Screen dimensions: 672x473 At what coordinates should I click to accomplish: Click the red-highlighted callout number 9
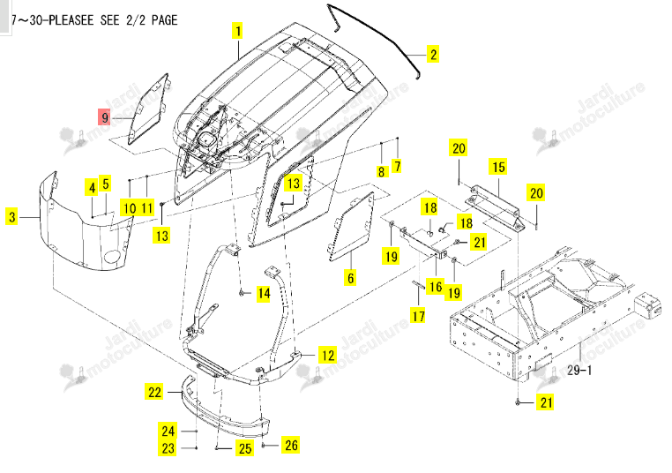(105, 117)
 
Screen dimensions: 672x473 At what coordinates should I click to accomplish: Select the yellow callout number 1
(238, 31)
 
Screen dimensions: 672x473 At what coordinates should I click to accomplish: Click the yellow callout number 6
(351, 278)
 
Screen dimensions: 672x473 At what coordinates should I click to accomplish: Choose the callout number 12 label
(328, 355)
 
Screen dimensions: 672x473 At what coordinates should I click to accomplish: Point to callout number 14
(264, 294)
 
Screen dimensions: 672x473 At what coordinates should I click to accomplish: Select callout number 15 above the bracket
(498, 167)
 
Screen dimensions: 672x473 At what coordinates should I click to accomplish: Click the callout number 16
(436, 287)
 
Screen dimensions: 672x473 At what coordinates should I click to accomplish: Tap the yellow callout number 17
(418, 316)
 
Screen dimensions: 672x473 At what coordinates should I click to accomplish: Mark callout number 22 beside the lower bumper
(155, 392)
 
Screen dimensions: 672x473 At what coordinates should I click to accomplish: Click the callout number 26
(291, 445)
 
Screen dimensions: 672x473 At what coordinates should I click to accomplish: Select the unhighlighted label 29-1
(579, 370)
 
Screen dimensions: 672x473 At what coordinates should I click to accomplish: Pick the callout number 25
(244, 448)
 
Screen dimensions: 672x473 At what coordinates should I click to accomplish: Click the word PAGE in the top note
(164, 19)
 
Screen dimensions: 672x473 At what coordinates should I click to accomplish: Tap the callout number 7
(397, 166)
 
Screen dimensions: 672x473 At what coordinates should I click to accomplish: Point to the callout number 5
(106, 184)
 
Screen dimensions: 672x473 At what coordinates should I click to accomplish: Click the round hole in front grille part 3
(112, 257)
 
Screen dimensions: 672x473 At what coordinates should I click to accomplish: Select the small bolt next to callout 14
(243, 293)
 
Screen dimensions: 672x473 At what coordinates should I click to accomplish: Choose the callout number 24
(168, 431)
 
